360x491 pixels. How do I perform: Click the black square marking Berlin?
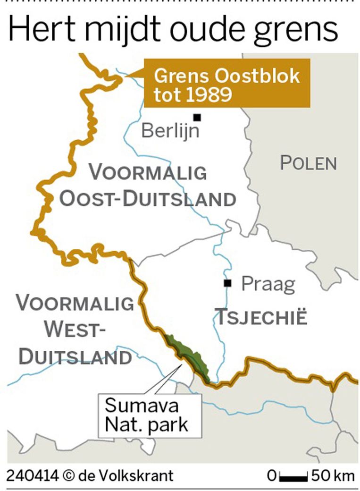(x=197, y=117)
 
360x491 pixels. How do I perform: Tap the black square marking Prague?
(x=228, y=283)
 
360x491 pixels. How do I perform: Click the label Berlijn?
(x=170, y=130)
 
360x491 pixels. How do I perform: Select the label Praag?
(x=268, y=284)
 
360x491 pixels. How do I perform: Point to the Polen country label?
(x=309, y=163)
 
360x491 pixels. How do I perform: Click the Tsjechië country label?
(x=262, y=317)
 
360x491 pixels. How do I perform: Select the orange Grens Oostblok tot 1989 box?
(x=226, y=84)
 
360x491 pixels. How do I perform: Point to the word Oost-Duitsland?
(x=147, y=199)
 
